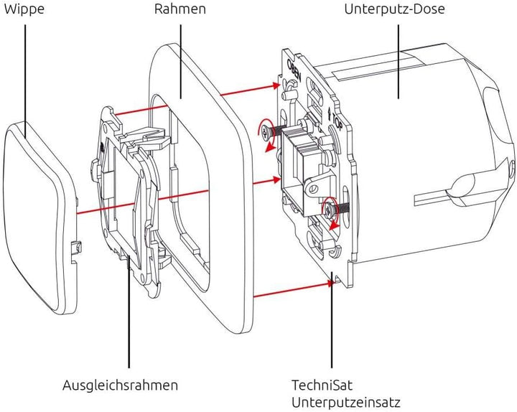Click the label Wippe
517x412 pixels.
[x=23, y=10]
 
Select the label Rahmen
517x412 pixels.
[x=180, y=10]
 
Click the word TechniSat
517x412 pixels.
[x=321, y=385]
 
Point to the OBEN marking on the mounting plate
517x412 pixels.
[x=294, y=71]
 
